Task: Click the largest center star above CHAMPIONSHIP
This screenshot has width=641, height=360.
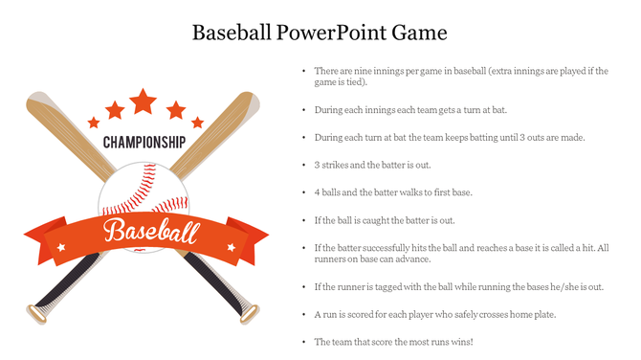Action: [144, 101]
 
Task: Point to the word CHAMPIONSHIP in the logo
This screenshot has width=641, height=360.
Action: [144, 143]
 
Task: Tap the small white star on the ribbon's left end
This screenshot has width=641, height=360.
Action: [61, 247]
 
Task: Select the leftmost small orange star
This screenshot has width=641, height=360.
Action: [94, 123]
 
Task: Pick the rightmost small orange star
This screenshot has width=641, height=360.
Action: [197, 123]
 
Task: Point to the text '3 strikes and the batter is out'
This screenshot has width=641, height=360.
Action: [372, 165]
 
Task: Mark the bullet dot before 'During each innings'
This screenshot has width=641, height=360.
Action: [303, 110]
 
